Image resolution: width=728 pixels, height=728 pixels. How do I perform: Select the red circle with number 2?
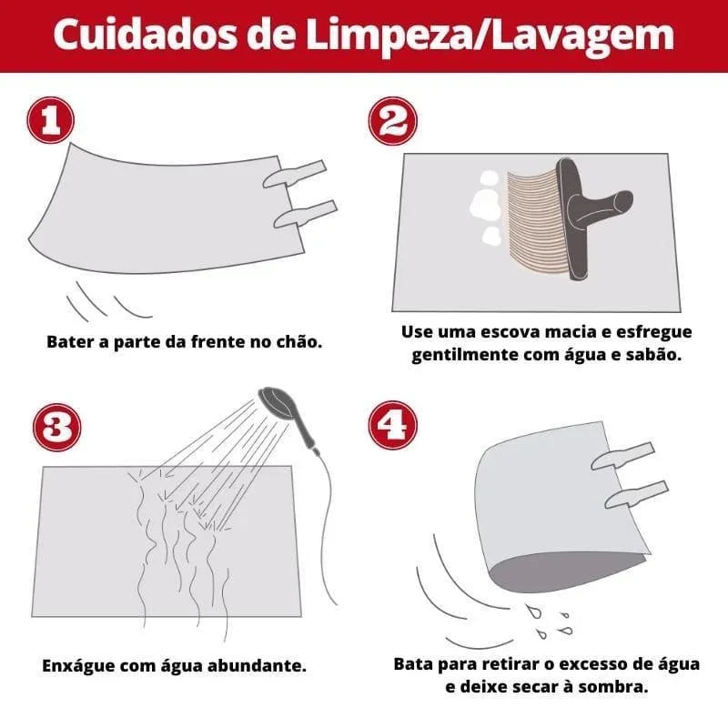(391, 122)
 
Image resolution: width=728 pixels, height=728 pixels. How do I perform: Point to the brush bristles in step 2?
(528, 218)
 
